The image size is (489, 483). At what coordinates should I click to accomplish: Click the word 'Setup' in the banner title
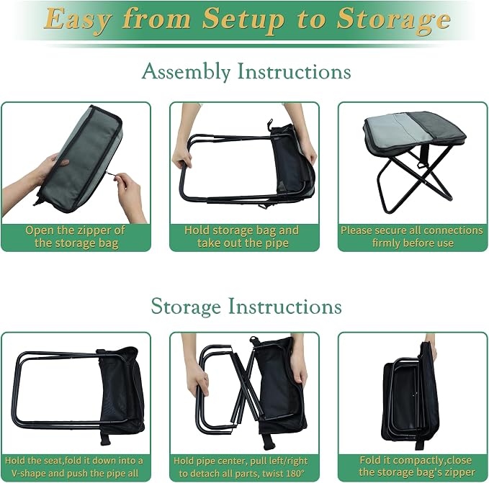[243, 20]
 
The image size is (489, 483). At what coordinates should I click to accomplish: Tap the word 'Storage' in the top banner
[394, 20]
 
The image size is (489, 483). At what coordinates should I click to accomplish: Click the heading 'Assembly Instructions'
[246, 71]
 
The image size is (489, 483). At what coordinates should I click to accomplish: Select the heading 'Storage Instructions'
[246, 307]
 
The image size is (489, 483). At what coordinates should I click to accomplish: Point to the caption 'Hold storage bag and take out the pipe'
[242, 237]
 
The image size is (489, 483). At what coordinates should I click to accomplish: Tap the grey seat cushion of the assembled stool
[415, 131]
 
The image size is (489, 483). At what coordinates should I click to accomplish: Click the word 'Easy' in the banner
[78, 20]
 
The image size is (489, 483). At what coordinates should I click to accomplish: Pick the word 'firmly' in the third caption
[386, 243]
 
